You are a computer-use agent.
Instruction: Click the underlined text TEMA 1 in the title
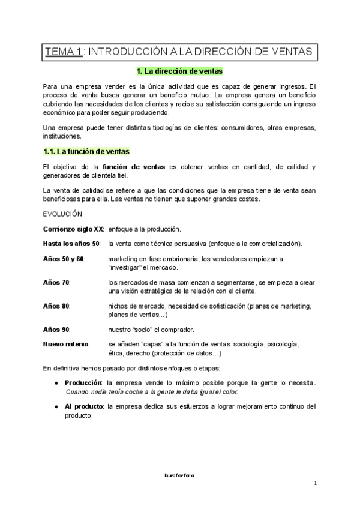[x=63, y=52]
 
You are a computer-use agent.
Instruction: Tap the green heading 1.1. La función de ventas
[x=86, y=151]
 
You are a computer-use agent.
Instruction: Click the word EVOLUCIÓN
[x=63, y=214]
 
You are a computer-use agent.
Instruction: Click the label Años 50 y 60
[x=64, y=259]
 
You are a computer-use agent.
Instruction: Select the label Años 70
[x=57, y=282]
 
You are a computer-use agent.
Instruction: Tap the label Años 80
[x=57, y=306]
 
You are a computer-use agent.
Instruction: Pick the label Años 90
[x=57, y=330]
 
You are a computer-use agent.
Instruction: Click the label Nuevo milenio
[x=66, y=344]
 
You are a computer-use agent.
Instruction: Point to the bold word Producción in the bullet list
[x=84, y=382]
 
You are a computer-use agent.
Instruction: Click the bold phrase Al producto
[x=83, y=406]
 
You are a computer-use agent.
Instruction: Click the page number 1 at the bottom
[x=315, y=484]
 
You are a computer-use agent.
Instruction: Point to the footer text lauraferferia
[x=180, y=475]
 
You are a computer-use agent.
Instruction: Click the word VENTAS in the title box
[x=291, y=52]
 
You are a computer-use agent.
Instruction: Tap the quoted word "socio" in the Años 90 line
[x=154, y=330]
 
